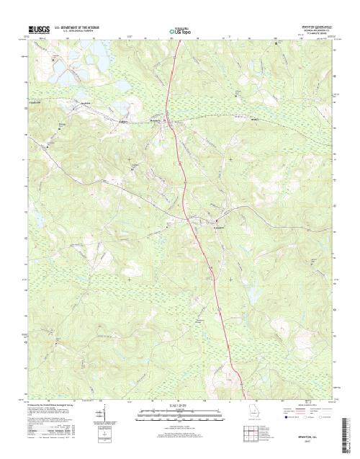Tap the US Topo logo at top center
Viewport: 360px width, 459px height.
tap(179, 31)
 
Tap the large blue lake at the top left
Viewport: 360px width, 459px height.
tap(94, 62)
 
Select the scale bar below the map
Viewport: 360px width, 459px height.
tap(179, 411)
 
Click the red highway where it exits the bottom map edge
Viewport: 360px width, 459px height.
tap(243, 397)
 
